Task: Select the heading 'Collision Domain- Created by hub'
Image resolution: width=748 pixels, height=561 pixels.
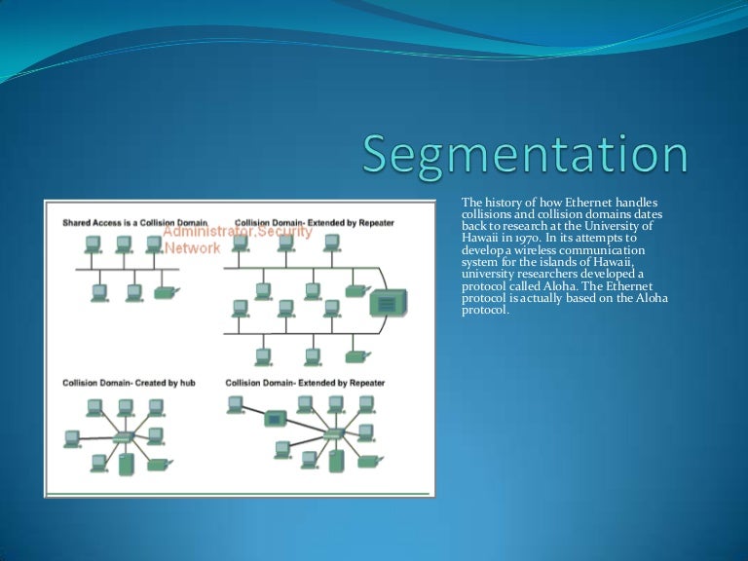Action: coord(129,383)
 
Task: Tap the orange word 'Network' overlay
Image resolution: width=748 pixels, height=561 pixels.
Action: coord(192,248)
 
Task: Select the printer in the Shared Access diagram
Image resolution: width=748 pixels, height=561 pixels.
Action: coord(167,291)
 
